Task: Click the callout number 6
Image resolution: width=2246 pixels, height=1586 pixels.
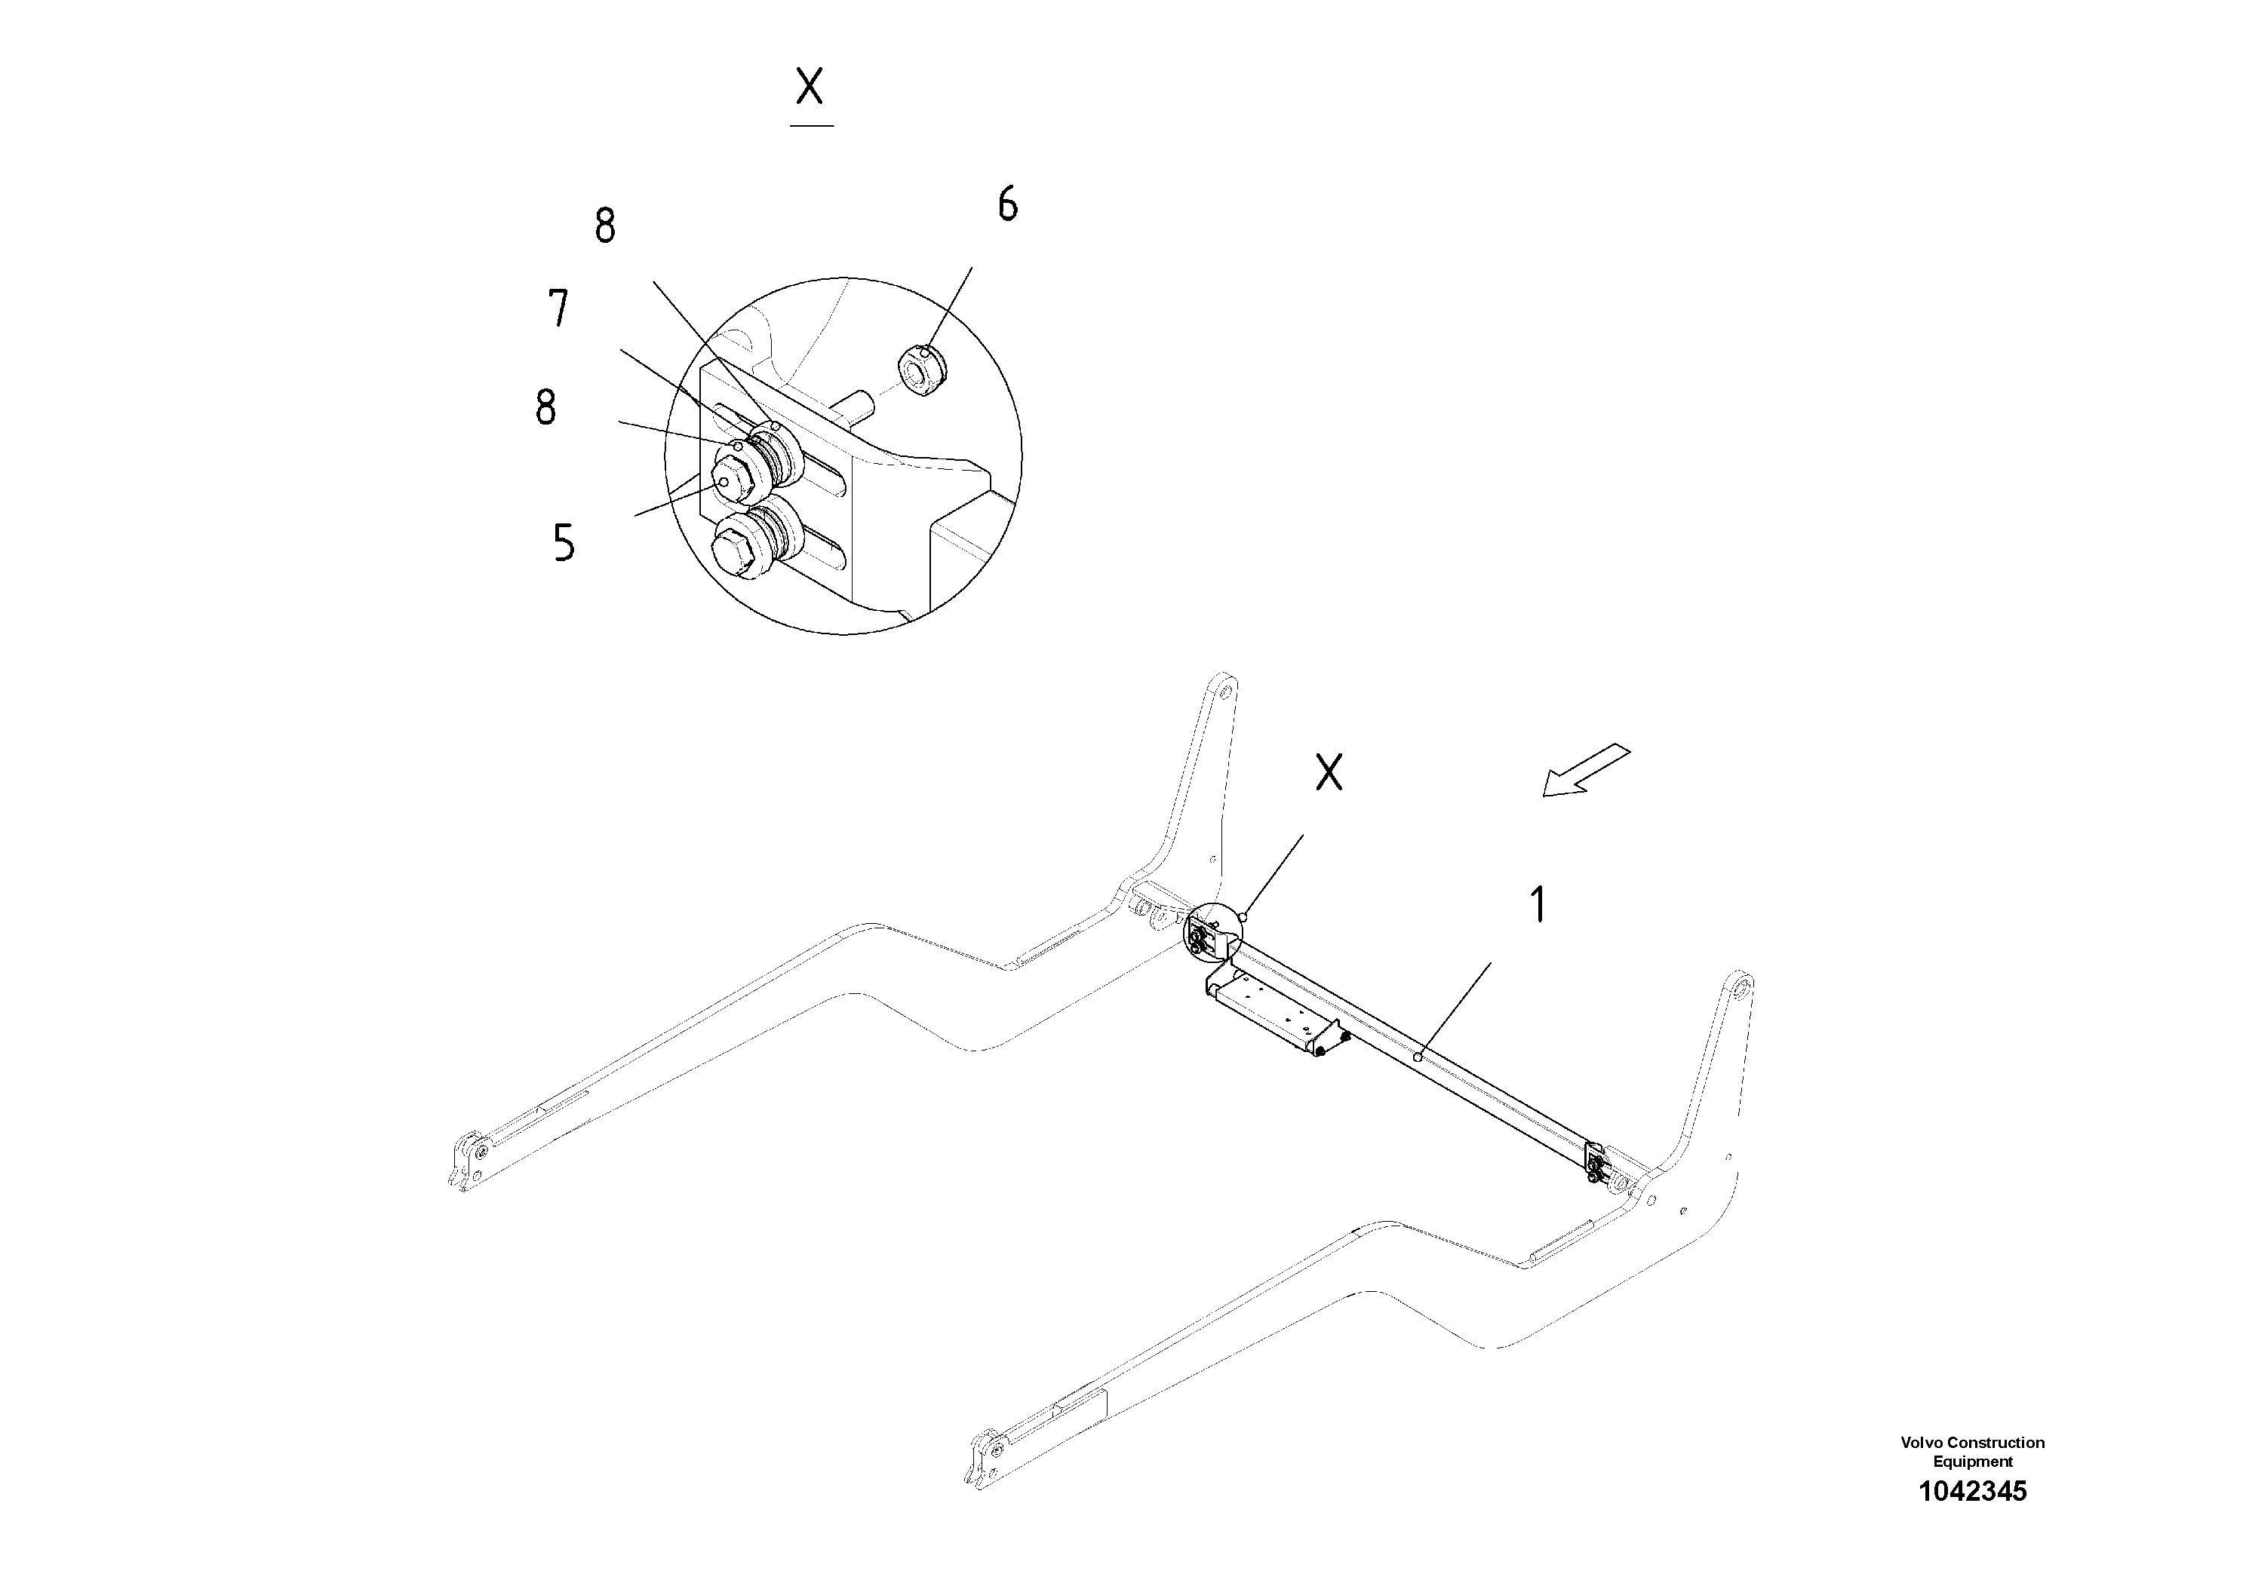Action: tap(1008, 204)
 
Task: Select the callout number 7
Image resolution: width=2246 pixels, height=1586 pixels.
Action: tap(558, 309)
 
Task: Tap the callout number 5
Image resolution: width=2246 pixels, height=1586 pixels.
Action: tap(564, 543)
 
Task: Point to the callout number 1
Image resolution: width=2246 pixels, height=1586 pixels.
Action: tap(1538, 904)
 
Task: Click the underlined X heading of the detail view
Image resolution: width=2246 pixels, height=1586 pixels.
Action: tap(810, 88)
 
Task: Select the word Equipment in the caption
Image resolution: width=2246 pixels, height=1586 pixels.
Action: tap(1972, 1462)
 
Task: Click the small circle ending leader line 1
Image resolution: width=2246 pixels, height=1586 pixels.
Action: tap(1418, 1056)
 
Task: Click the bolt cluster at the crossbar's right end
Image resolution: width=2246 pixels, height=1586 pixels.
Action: tap(1596, 1167)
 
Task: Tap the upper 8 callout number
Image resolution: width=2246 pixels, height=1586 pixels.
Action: tap(606, 227)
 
